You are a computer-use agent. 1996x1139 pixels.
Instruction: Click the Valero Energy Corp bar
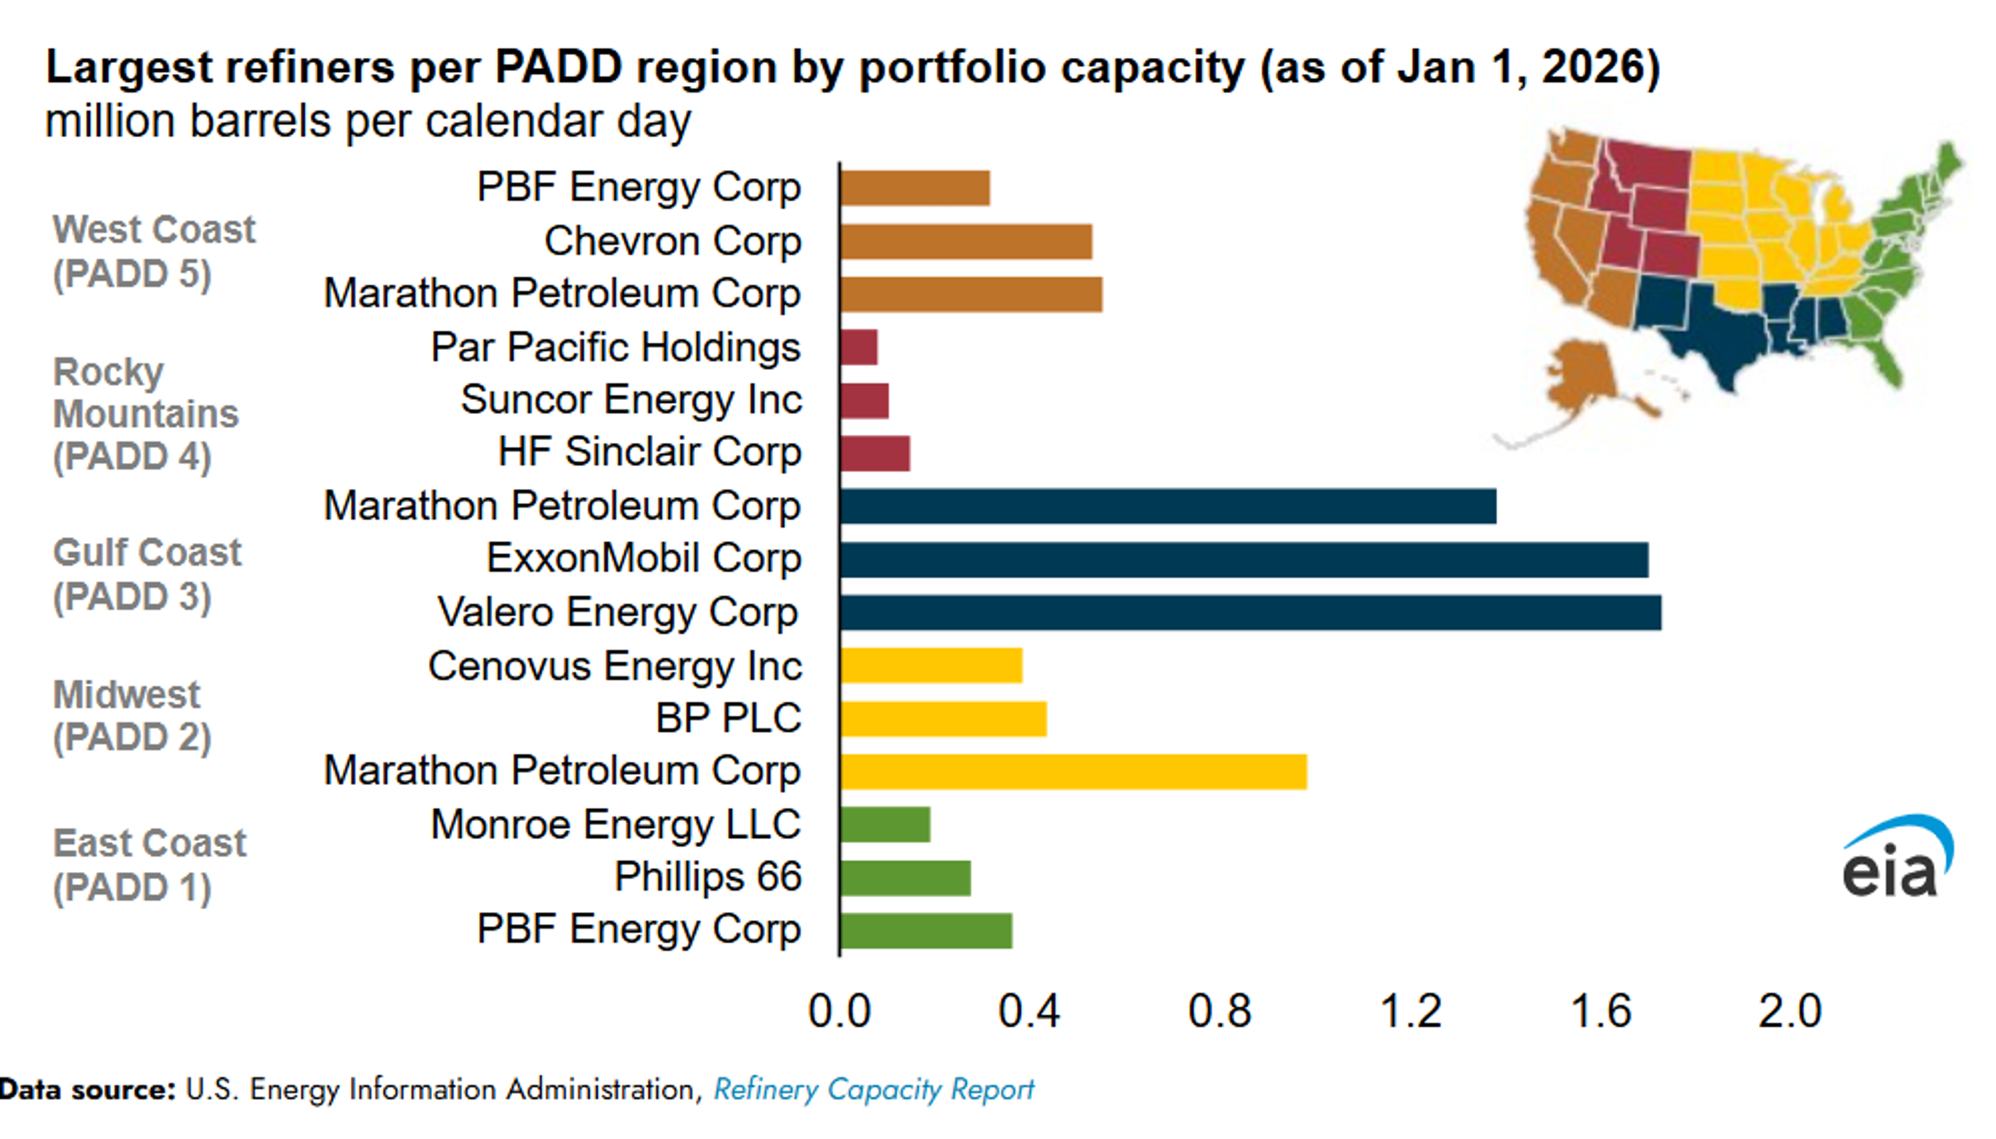click(x=1250, y=613)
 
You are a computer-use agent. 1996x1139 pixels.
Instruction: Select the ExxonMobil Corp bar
click(x=1244, y=559)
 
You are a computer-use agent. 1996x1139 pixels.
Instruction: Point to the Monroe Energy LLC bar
click(x=885, y=825)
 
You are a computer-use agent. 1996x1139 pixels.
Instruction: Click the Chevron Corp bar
click(x=966, y=241)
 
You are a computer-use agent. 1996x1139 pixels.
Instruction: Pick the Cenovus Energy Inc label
click(x=615, y=667)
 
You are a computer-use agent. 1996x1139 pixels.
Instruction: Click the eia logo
click(x=1897, y=857)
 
